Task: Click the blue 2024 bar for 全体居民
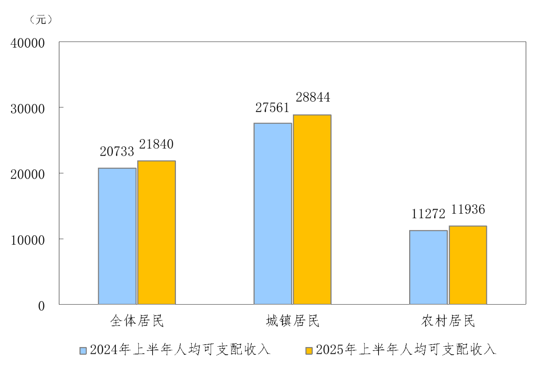pos(117,236)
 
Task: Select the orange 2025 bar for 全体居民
pos(157,233)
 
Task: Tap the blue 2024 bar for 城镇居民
pos(273,214)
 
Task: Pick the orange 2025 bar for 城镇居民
pos(312,210)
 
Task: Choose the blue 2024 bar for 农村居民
pos(428,267)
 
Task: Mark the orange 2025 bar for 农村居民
pos(468,265)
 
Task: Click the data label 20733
pos(117,152)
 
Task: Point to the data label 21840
pos(156,144)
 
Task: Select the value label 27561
pos(272,108)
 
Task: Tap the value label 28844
pos(313,98)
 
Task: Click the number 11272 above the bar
pos(428,214)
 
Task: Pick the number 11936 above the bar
pos(468,210)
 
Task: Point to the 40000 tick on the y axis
pos(27,43)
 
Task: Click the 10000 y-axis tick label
pos(27,240)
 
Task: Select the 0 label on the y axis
pos(41,306)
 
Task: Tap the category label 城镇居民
pos(293,321)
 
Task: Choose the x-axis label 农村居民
pos(448,321)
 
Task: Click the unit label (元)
pos(41,19)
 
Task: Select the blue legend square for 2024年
pos(83,350)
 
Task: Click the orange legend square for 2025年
pos(309,350)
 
